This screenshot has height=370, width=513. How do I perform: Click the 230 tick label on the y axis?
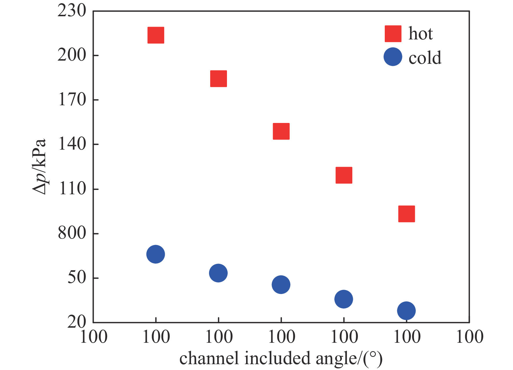pyautogui.click(x=72, y=11)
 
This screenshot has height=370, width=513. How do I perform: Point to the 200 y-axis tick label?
pyautogui.click(x=72, y=55)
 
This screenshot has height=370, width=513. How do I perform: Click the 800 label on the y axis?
pyautogui.click(x=72, y=233)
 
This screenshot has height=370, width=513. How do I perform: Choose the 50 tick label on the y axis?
pyautogui.click(x=77, y=277)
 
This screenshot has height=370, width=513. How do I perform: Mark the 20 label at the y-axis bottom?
pyautogui.click(x=77, y=322)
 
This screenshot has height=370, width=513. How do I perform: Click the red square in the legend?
pyautogui.click(x=393, y=34)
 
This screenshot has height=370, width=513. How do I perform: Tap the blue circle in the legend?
pyautogui.click(x=393, y=57)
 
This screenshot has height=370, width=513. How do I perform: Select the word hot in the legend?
pyautogui.click(x=421, y=34)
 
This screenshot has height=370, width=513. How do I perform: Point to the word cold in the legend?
pyautogui.click(x=425, y=58)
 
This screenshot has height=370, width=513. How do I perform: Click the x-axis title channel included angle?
pyautogui.click(x=281, y=358)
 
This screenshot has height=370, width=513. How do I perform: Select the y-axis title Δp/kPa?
pyautogui.click(x=39, y=166)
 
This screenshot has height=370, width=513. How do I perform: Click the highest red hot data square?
pyautogui.click(x=156, y=35)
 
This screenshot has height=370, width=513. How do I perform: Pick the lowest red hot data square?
pyautogui.click(x=406, y=214)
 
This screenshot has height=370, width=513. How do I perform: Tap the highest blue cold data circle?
pyautogui.click(x=156, y=254)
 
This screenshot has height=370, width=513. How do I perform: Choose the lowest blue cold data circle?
pyautogui.click(x=406, y=311)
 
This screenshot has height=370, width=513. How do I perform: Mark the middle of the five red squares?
pyautogui.click(x=281, y=131)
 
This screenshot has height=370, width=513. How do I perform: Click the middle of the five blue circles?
pyautogui.click(x=281, y=285)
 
